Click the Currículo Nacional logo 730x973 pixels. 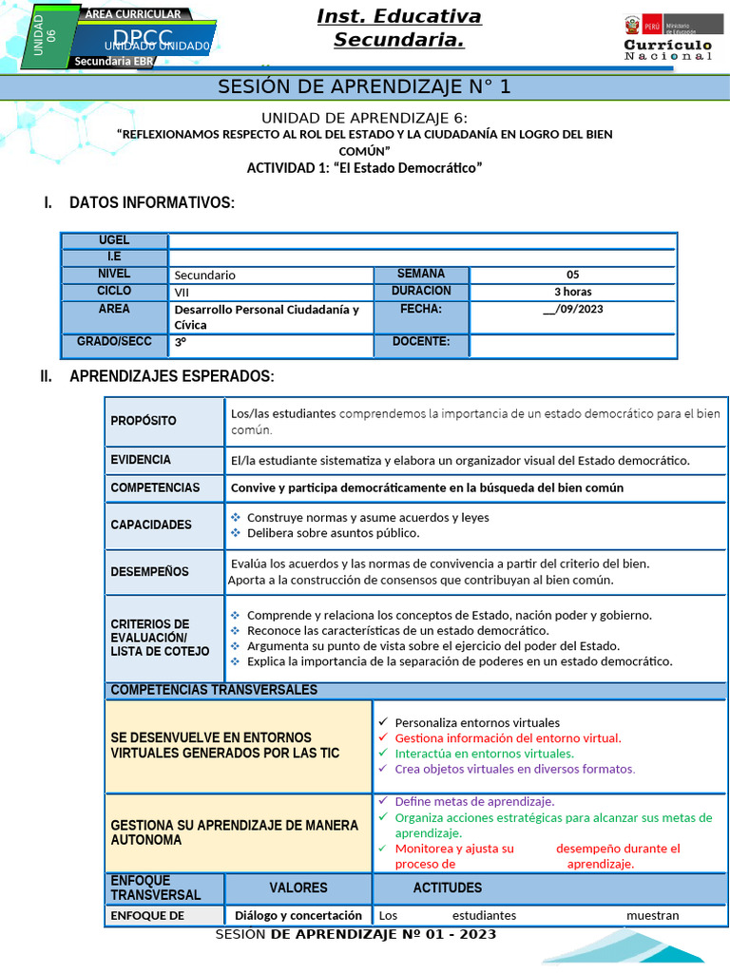tap(667, 39)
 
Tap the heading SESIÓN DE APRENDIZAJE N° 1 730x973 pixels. tap(365, 87)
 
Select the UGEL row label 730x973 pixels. tap(114, 240)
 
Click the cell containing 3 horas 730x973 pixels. tap(572, 292)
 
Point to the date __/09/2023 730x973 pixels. tap(572, 309)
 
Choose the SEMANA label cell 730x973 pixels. tap(421, 274)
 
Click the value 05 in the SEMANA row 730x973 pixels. tap(572, 275)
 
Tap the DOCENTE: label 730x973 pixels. tap(421, 342)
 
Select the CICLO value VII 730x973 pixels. tap(182, 292)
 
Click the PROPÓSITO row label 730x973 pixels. tap(144, 421)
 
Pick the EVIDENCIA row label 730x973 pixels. tap(141, 460)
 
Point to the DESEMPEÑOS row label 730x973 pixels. tap(149, 572)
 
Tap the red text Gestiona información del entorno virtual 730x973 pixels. tap(508, 737)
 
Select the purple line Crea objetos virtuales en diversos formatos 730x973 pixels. tap(514, 769)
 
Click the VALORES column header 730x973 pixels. tap(298, 887)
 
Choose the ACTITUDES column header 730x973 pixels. tap(447, 887)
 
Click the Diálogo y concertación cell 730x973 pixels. tap(298, 915)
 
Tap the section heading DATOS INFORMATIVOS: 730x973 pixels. tap(151, 203)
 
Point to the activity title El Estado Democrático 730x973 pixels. tap(364, 168)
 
